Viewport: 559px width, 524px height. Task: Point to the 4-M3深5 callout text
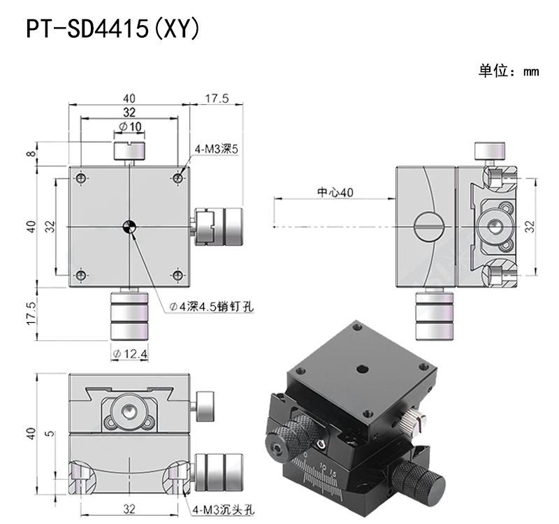click(217, 149)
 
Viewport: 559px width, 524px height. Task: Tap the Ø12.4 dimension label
click(130, 355)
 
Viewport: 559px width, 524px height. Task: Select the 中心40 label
click(335, 192)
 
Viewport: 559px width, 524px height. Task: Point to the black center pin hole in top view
click(129, 226)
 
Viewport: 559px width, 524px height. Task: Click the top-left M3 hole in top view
click(83, 180)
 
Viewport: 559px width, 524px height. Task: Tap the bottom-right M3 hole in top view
click(177, 275)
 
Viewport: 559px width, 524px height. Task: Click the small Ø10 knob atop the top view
click(129, 150)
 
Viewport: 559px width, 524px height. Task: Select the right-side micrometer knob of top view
click(217, 226)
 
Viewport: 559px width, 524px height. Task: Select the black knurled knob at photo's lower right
click(419, 481)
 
